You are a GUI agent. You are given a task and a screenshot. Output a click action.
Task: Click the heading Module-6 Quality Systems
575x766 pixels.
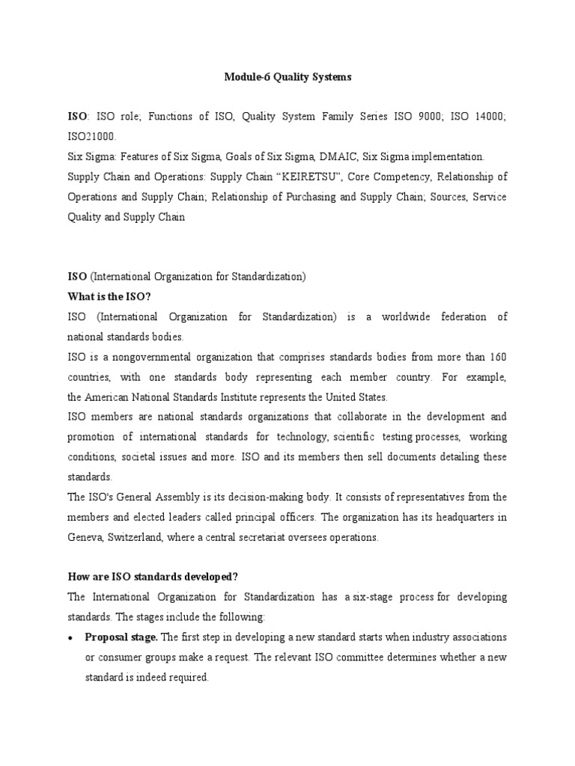(x=287, y=76)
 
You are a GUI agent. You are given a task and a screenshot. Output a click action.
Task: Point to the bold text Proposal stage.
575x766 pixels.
(x=121, y=637)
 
